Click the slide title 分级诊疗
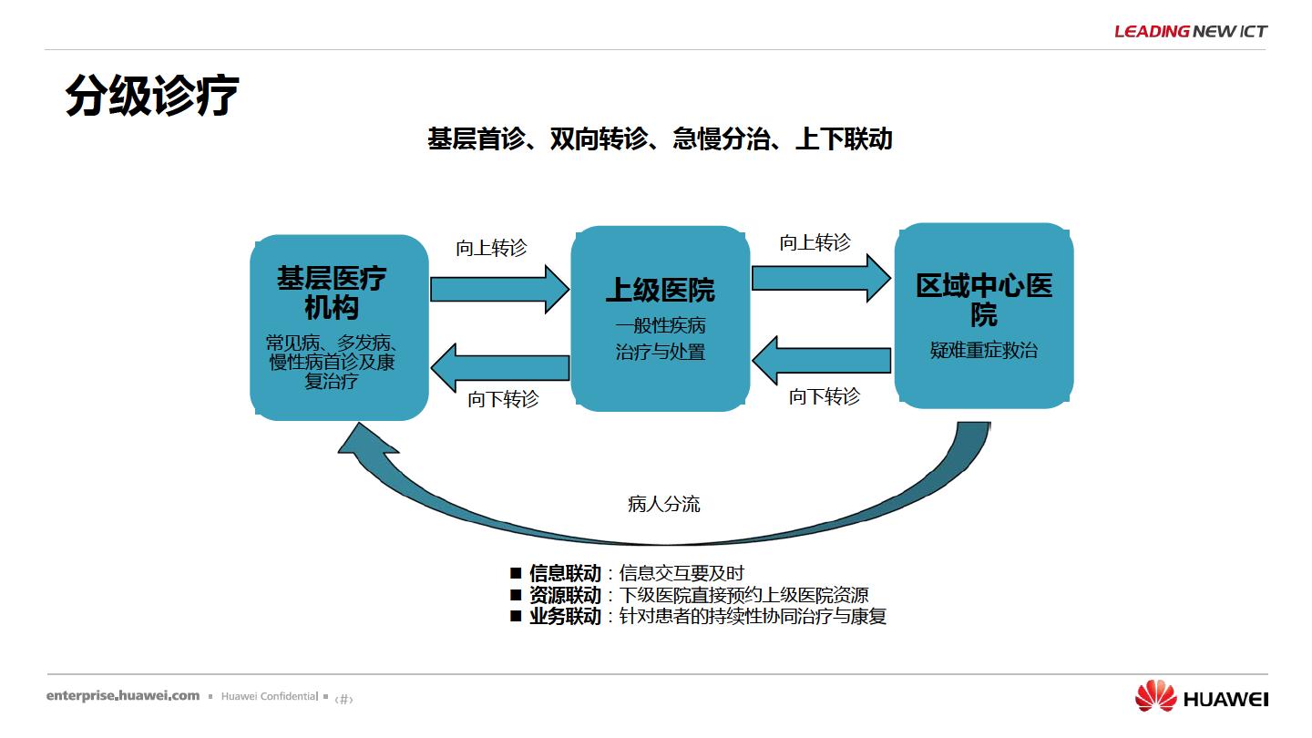coord(152,96)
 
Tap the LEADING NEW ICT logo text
coord(1191,31)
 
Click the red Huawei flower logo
coord(1155,696)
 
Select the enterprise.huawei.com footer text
coord(123,696)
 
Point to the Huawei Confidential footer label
coord(270,696)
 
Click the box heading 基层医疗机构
coord(332,292)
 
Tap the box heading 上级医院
coord(660,290)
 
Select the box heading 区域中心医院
coord(984,300)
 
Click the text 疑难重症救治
coord(984,350)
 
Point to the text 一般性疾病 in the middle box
coord(660,325)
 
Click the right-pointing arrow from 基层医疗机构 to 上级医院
coord(499,290)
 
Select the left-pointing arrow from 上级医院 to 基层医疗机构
coord(499,368)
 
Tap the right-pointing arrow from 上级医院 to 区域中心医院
coord(821,278)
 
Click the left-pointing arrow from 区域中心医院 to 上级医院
coord(821,360)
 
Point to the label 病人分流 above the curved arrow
coord(663,504)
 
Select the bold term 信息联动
coord(565,573)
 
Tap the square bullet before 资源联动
coord(516,594)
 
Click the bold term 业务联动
coord(565,616)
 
